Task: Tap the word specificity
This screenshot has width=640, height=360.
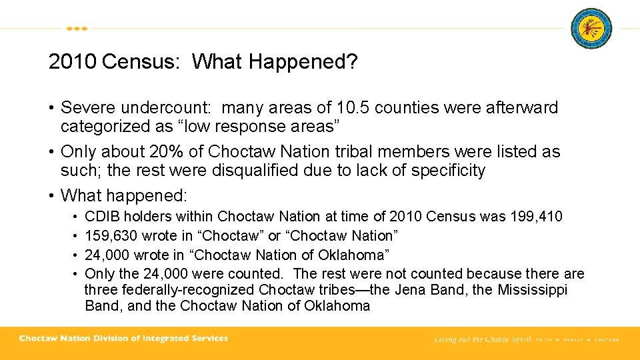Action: click(x=448, y=171)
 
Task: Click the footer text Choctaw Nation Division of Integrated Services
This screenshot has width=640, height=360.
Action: click(x=123, y=339)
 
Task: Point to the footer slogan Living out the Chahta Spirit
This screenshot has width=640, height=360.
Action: click(x=482, y=339)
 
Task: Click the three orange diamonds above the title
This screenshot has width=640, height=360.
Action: click(x=77, y=29)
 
